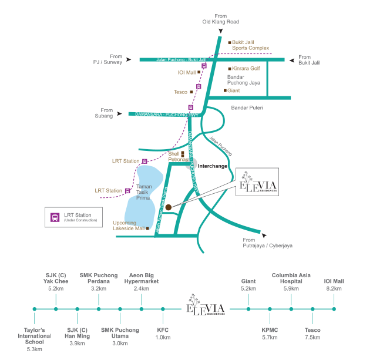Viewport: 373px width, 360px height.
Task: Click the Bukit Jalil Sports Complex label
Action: point(250,44)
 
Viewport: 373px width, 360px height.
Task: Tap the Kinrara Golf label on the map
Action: point(246,69)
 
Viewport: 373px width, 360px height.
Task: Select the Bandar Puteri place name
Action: point(247,107)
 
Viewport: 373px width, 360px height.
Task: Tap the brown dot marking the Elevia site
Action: point(168,207)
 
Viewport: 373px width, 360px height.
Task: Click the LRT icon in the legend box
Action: point(55,216)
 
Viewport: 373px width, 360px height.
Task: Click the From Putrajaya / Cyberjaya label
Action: point(268,243)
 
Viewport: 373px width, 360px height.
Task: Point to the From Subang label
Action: point(106,112)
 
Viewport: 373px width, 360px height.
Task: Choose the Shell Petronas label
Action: point(177,156)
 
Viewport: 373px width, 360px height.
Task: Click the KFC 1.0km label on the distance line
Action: point(163,334)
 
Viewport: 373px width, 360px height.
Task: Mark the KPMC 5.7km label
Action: point(270,334)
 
